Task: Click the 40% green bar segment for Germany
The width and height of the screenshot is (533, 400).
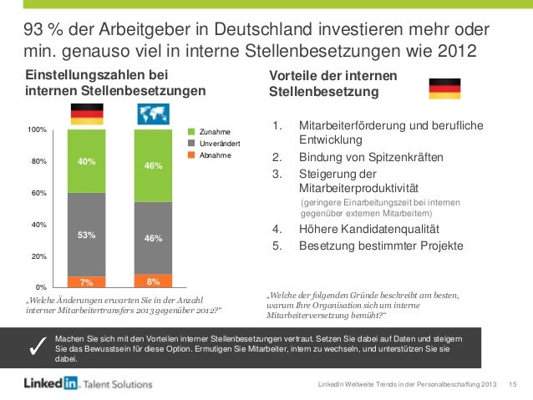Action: point(86,161)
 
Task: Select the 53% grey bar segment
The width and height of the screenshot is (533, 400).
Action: point(86,235)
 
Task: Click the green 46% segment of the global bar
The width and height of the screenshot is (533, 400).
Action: point(152,165)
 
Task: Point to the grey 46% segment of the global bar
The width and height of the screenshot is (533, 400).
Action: point(152,238)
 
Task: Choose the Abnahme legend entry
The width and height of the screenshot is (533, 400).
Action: point(213,155)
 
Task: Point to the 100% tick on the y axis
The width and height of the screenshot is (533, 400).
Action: point(36,130)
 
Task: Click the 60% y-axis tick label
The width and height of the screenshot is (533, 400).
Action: point(38,193)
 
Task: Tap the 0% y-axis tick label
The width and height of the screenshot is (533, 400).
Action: point(41,286)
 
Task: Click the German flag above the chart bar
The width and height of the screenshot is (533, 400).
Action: point(87,114)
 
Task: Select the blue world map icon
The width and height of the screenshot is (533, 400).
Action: point(152,114)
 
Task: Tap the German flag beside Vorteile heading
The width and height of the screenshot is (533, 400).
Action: point(444,88)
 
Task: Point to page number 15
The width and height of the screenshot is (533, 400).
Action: point(513,384)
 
